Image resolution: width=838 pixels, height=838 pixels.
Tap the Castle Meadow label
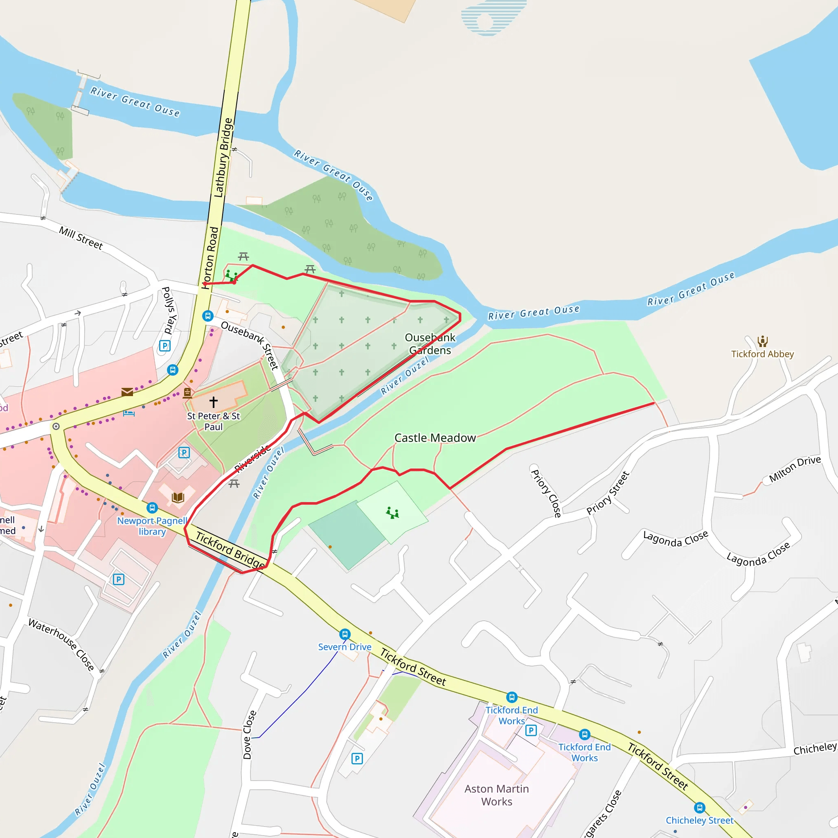(x=435, y=438)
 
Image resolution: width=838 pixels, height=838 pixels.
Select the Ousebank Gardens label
(x=430, y=344)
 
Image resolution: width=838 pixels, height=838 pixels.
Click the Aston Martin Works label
(x=497, y=795)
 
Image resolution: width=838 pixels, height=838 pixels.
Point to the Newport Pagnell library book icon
(x=178, y=497)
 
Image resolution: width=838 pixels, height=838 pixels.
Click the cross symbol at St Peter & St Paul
(x=213, y=402)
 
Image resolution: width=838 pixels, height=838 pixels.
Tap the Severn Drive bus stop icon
(x=345, y=634)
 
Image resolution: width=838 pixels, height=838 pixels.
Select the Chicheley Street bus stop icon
(x=699, y=808)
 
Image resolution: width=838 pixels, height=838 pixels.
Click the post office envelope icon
(x=127, y=392)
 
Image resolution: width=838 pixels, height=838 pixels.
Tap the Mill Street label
(x=81, y=238)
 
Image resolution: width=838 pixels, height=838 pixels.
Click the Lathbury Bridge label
(x=224, y=158)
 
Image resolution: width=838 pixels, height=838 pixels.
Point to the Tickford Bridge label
(x=230, y=550)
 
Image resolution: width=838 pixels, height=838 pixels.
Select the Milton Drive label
(x=795, y=469)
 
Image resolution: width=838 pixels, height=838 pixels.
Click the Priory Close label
(x=546, y=493)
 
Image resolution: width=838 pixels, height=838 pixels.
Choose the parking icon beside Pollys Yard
(x=165, y=346)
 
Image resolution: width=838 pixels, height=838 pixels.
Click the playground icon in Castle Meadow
(x=392, y=513)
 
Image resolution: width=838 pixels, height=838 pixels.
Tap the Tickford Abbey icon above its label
(x=763, y=341)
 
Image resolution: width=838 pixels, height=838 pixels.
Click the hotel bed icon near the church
(x=129, y=412)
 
